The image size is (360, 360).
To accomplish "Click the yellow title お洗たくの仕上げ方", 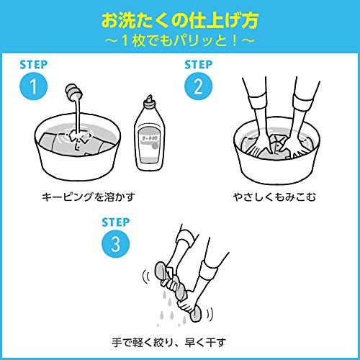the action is click(180, 21).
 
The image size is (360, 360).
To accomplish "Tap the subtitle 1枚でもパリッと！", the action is click(179, 41).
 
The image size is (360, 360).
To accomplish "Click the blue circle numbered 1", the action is click(34, 86).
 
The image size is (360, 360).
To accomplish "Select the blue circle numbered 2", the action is click(198, 86).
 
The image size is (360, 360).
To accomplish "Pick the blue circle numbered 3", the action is click(116, 244).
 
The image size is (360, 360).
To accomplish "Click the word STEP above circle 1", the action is click(33, 65).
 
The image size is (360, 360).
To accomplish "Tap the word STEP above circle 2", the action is click(198, 65).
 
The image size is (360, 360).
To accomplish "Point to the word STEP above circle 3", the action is click(115, 222).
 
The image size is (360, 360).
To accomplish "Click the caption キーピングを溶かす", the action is click(89, 197).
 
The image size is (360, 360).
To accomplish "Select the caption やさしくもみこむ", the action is click(274, 197).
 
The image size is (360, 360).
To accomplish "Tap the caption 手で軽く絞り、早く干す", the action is click(169, 342).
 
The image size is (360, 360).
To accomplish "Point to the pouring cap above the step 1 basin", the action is click(73, 92).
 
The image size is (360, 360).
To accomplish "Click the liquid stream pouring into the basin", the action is click(78, 115).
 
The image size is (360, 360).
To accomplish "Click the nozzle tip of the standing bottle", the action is click(150, 98).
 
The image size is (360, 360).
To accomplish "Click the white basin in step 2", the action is click(276, 166).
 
